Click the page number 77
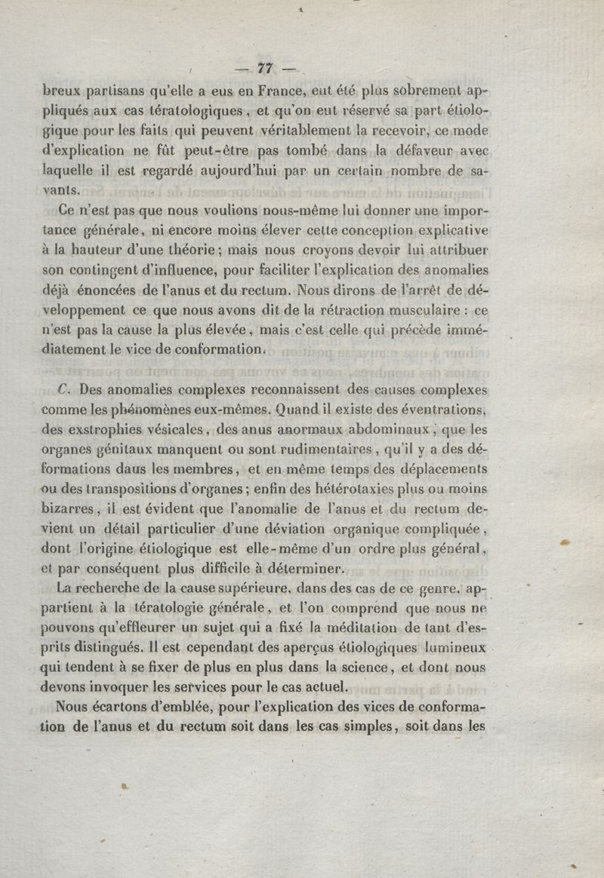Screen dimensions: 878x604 pos(264,68)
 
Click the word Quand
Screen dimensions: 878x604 pos(285,411)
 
